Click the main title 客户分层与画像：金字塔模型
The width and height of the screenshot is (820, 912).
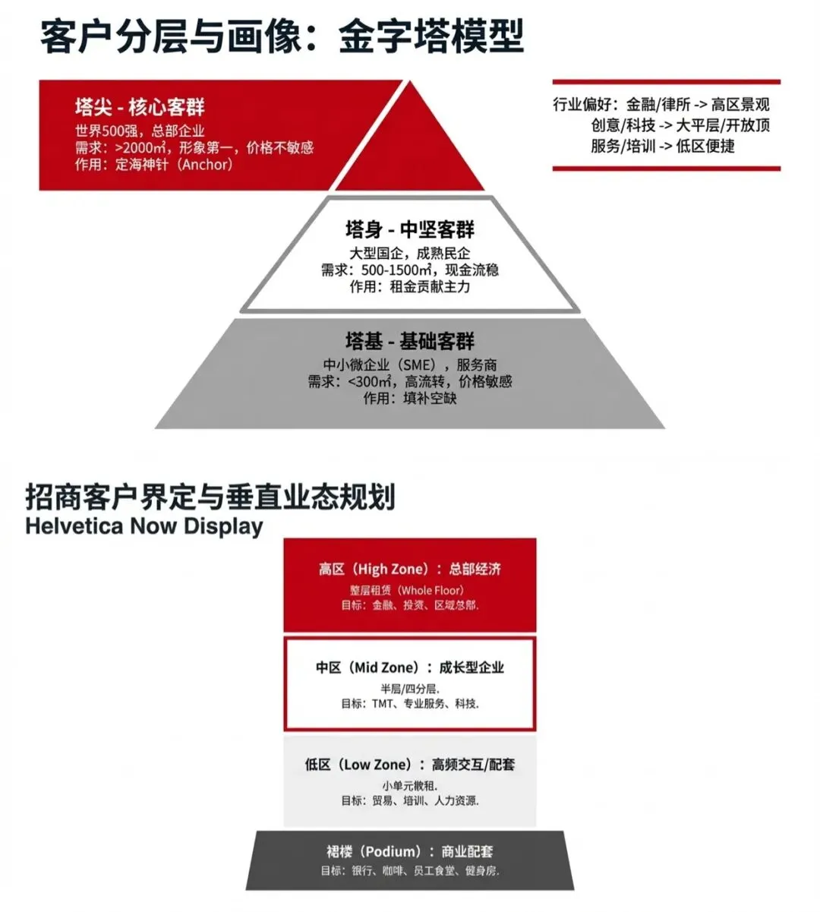pos(282,36)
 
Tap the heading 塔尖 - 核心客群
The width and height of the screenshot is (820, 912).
pos(140,106)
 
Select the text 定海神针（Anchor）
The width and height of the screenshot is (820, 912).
pos(174,164)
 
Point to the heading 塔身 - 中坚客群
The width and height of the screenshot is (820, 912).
pos(409,229)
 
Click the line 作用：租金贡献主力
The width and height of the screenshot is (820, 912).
pos(409,287)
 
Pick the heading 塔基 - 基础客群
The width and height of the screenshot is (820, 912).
pos(409,341)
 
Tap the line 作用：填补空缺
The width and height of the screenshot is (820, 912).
pos(409,398)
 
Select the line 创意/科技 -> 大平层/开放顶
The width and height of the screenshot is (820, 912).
pos(680,125)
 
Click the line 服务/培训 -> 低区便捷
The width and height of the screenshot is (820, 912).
pos(663,146)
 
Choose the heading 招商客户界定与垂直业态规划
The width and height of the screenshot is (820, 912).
pos(210,497)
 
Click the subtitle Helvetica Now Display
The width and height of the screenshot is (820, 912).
pos(144,526)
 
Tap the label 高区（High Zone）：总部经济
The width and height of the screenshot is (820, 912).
pos(409,569)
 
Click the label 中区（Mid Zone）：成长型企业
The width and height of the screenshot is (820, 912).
pos(409,667)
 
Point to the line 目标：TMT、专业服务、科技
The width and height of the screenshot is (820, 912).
pos(409,704)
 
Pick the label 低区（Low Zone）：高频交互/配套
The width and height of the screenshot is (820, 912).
pos(409,765)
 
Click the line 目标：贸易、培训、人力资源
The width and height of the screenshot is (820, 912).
pos(409,800)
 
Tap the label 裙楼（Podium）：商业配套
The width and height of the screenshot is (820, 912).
pos(409,851)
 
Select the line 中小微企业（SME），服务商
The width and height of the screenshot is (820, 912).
pos(409,365)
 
